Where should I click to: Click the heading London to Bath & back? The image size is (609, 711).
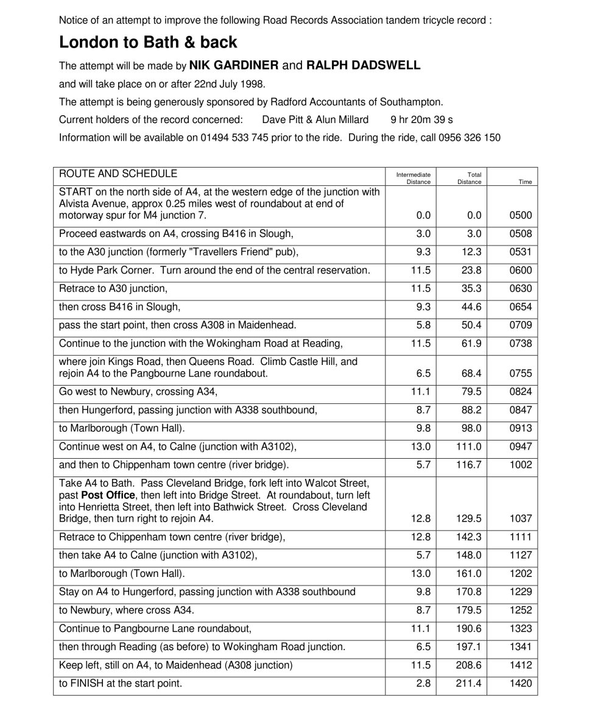(x=148, y=42)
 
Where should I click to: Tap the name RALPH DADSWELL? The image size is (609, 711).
(x=363, y=65)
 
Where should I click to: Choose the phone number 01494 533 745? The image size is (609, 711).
(x=234, y=138)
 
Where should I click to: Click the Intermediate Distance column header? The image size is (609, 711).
(x=414, y=178)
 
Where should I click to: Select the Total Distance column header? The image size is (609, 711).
(x=470, y=178)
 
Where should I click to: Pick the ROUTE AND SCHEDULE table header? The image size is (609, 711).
(x=118, y=174)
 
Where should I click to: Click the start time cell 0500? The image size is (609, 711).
(x=521, y=215)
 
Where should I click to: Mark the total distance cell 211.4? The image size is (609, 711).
(x=469, y=684)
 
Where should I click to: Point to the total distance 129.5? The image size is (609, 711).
(x=469, y=518)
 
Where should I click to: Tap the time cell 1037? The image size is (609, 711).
(x=521, y=518)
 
